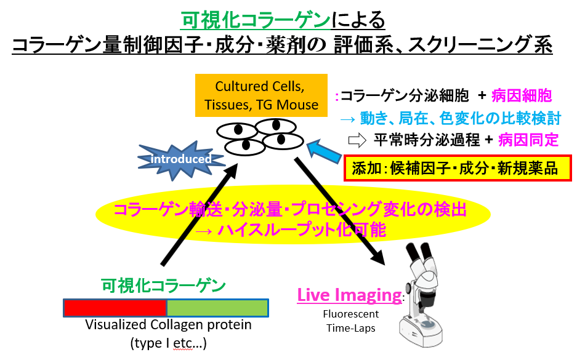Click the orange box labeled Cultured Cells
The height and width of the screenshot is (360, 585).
coord(261,95)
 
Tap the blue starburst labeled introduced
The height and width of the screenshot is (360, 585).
coord(181,160)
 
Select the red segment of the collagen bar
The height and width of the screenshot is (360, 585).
coord(115,308)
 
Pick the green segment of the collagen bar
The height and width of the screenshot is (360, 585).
coord(217,308)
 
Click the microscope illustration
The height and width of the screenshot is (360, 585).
coord(421,294)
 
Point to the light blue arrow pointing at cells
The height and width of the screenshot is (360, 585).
coord(324,151)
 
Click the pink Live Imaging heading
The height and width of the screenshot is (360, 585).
coord(350,295)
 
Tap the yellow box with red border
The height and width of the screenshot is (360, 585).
coord(458,169)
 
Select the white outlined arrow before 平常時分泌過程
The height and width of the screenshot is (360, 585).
coord(357,140)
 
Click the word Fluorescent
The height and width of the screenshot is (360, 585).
coord(351,314)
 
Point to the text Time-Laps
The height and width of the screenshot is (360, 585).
coord(351,329)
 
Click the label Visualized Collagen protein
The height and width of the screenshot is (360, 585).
coord(168,325)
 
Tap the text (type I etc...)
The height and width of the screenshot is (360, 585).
coord(168,343)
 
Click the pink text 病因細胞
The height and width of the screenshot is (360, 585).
coord(522,96)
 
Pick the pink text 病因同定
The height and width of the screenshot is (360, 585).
coord(528,140)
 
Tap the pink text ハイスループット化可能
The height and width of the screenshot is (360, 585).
coord(302,230)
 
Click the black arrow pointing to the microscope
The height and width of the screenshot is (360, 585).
coord(339,211)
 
